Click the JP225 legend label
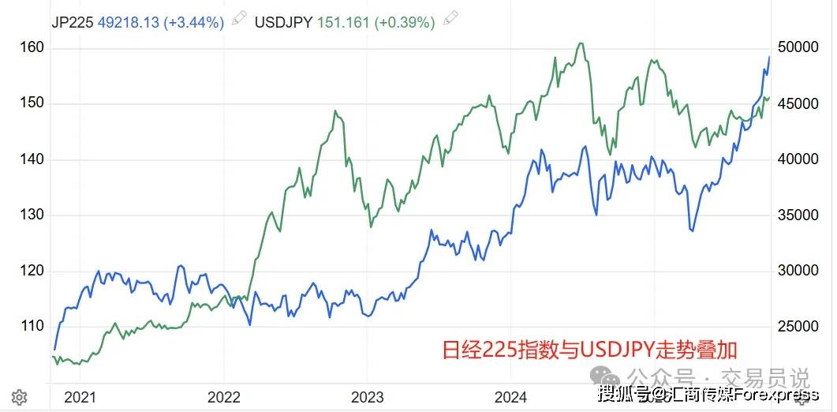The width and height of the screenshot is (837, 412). pyautogui.click(x=72, y=22)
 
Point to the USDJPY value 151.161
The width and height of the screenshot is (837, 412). pyautogui.click(x=344, y=22)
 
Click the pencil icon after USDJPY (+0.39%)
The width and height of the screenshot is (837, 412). pyautogui.click(x=450, y=19)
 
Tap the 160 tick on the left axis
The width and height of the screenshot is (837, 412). pyautogui.click(x=32, y=48)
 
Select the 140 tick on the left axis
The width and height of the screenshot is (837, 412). pyautogui.click(x=32, y=159)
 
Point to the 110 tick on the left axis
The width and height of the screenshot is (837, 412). pyautogui.click(x=32, y=326)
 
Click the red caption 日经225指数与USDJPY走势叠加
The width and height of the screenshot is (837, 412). pyautogui.click(x=589, y=349)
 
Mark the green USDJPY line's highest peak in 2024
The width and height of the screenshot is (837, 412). pyautogui.click(x=580, y=43)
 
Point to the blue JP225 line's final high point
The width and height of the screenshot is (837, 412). pyautogui.click(x=769, y=57)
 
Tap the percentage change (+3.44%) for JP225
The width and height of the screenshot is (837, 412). pyautogui.click(x=194, y=22)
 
